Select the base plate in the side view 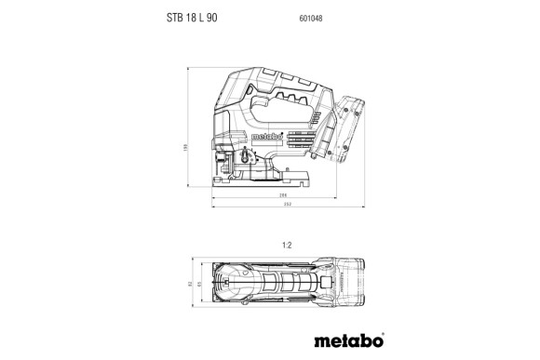[270, 180]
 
